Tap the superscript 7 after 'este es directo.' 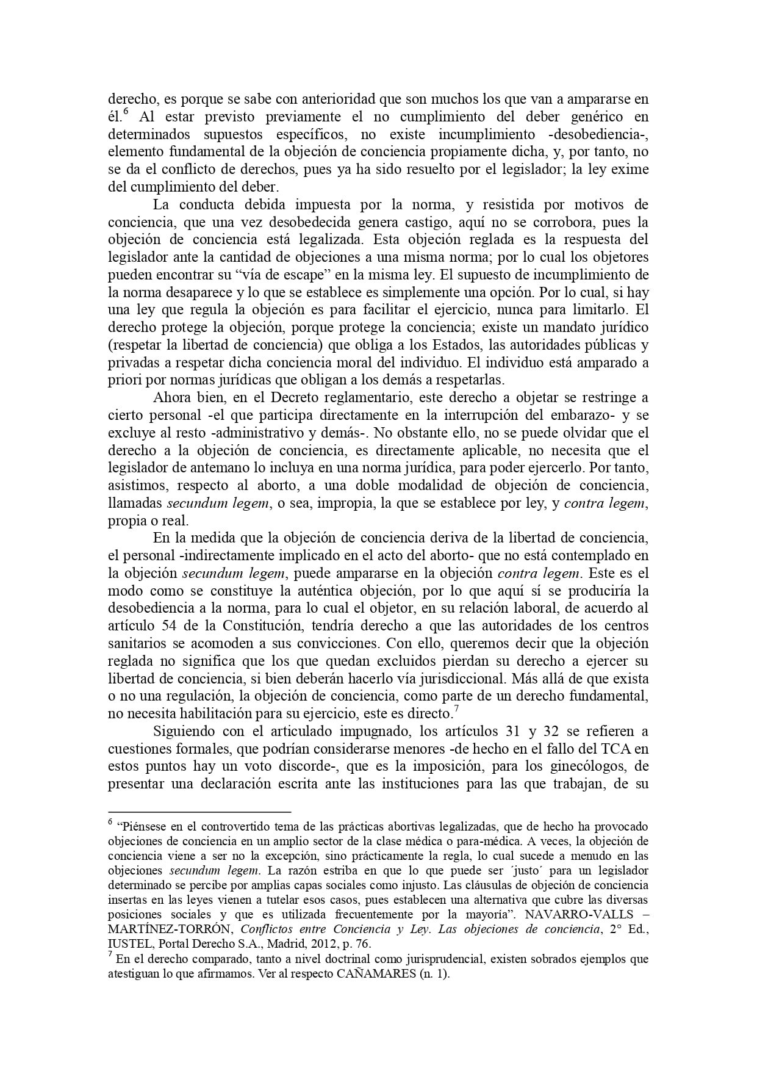coord(455,709)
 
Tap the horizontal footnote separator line coord(199,812)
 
